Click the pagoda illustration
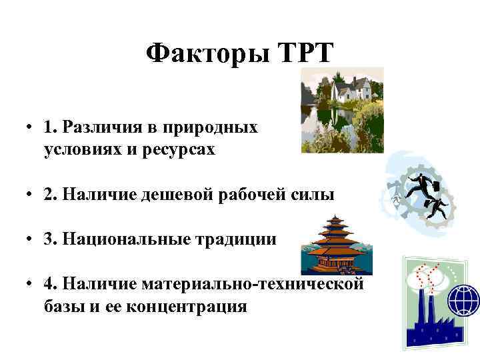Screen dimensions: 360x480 [334, 245]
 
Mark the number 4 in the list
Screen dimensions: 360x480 [49, 285]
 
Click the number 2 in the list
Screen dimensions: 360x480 [49, 195]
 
